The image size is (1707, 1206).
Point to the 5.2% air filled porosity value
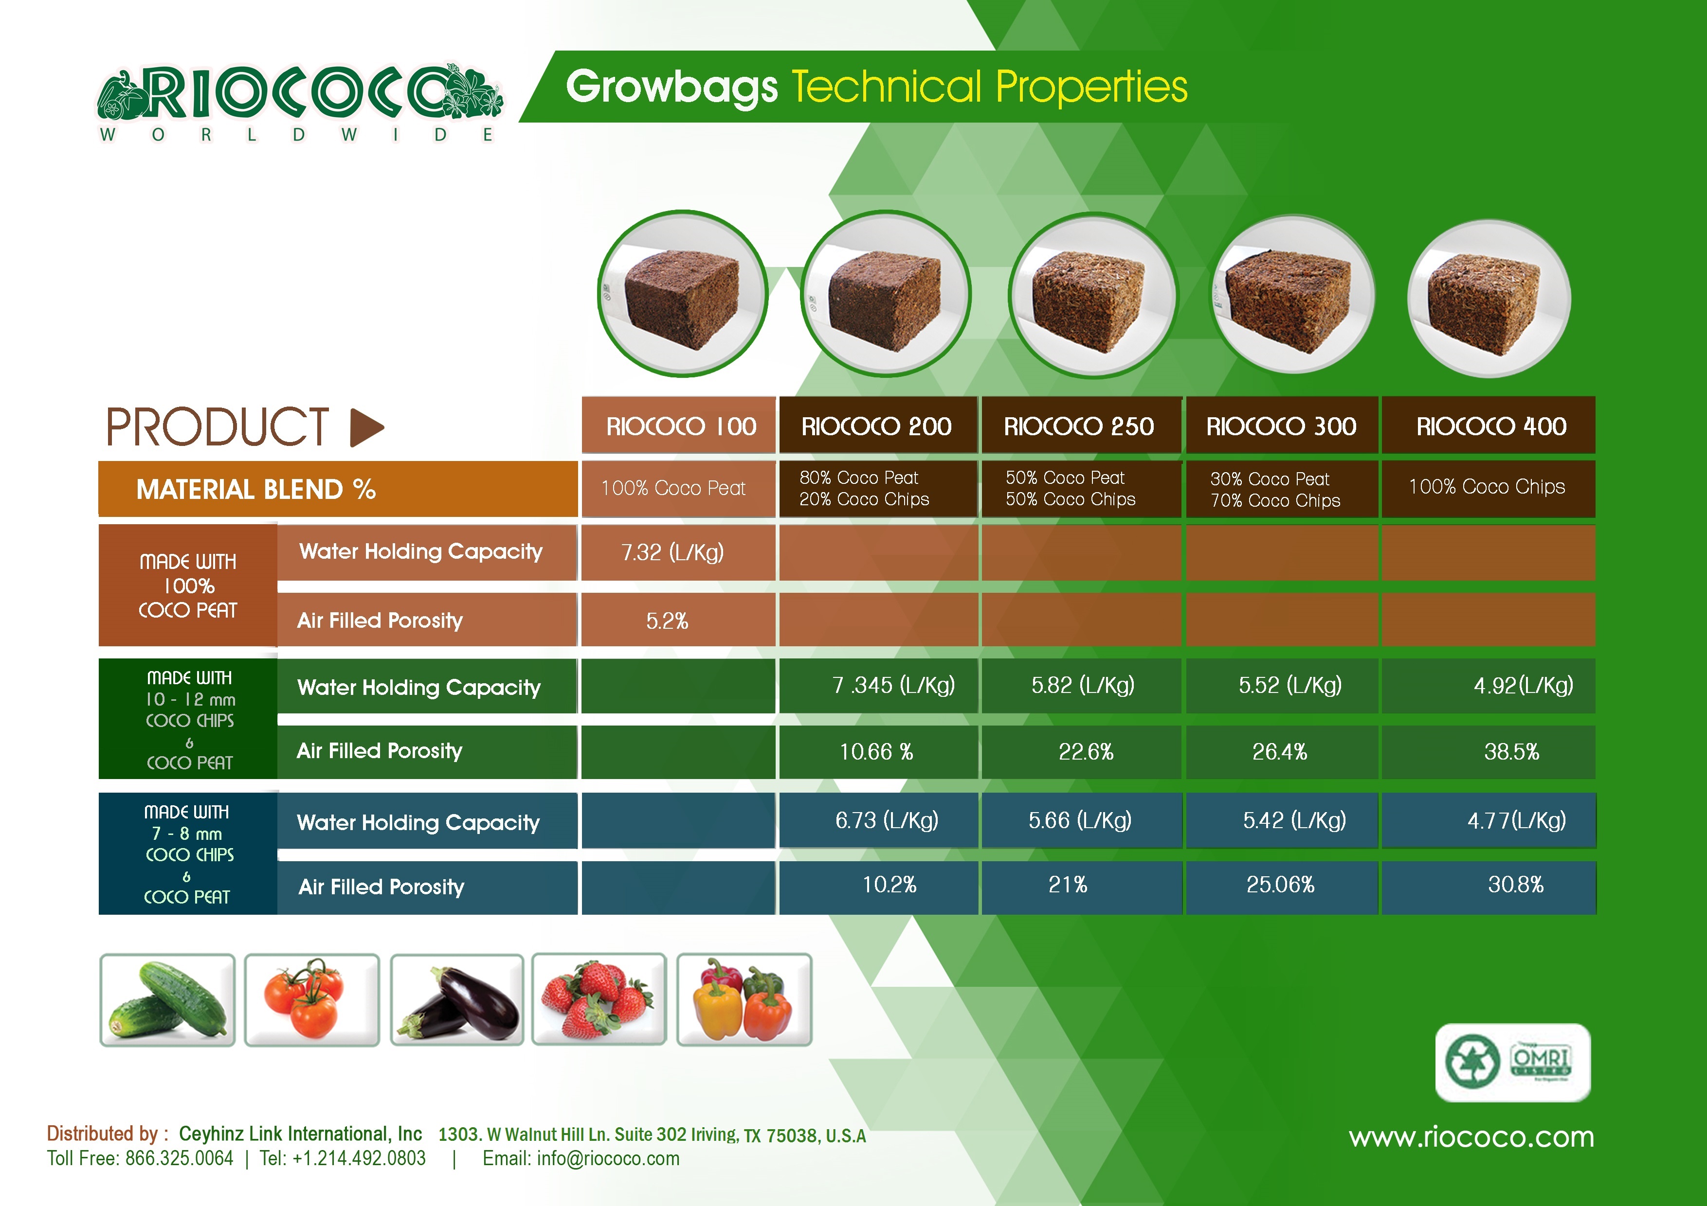667,621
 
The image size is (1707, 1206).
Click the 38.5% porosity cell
1511,752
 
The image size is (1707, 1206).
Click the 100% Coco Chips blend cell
1488,487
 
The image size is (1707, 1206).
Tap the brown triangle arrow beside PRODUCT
366,427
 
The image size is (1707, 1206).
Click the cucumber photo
167,999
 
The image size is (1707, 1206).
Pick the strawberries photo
599,999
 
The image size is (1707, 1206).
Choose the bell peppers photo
744,999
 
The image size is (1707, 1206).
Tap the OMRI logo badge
1513,1062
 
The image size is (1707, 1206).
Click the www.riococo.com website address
1471,1137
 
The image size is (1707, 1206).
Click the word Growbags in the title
672,88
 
